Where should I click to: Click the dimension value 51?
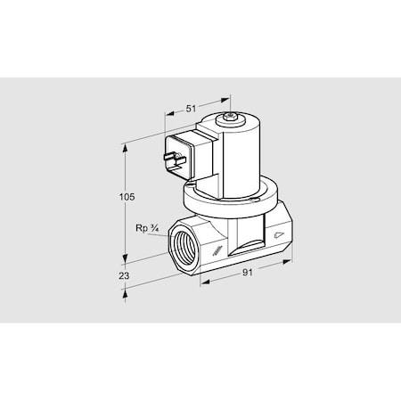[x=191, y=108]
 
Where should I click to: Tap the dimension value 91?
[x=247, y=272]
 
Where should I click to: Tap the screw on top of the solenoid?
[x=233, y=117]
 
